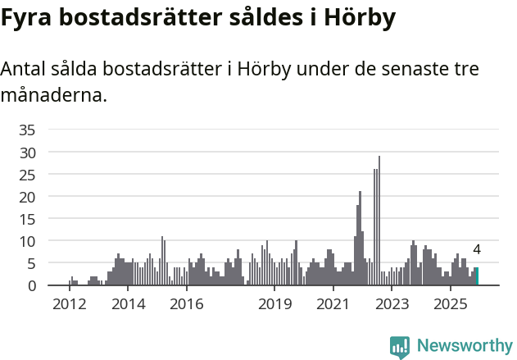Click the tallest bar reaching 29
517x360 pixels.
pyautogui.click(x=379, y=221)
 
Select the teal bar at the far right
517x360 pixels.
pyautogui.click(x=477, y=276)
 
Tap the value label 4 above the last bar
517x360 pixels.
pyautogui.click(x=477, y=250)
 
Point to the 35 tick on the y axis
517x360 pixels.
pyautogui.click(x=27, y=130)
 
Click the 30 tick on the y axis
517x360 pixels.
pyautogui.click(x=27, y=153)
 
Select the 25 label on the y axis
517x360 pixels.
pyautogui.click(x=27, y=175)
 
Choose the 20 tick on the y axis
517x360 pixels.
pyautogui.click(x=27, y=197)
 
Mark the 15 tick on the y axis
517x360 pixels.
pyautogui.click(x=27, y=219)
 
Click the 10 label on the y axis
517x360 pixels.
pyautogui.click(x=27, y=241)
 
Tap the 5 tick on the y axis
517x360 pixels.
pyautogui.click(x=31, y=263)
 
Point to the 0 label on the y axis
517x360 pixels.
pyautogui.click(x=31, y=285)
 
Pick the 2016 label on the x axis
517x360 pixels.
pyautogui.click(x=186, y=304)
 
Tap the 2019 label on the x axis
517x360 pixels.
pyautogui.click(x=274, y=304)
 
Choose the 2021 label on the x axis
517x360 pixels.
pyautogui.click(x=333, y=304)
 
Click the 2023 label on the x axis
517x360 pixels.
pyautogui.click(x=392, y=304)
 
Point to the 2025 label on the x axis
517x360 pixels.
pyautogui.click(x=450, y=304)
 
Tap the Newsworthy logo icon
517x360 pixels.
pyautogui.click(x=400, y=347)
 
